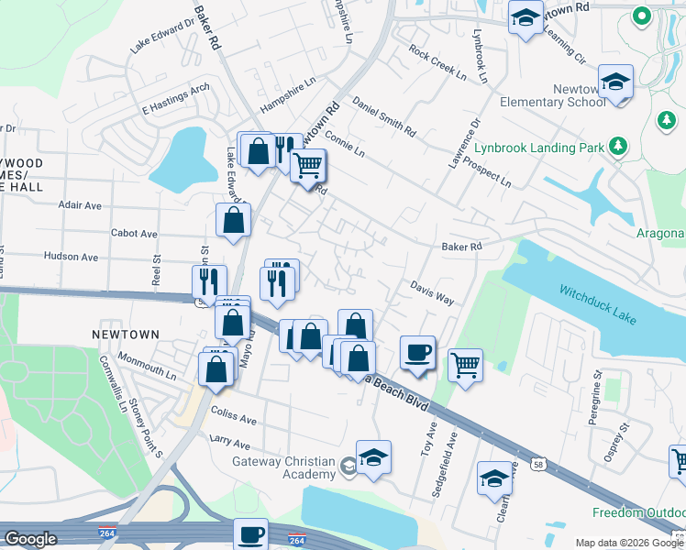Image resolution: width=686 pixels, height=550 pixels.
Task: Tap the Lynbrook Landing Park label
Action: pos(539,147)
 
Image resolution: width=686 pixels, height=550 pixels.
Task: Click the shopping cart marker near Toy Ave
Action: pos(465,365)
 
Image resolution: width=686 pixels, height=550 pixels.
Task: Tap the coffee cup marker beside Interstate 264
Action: pos(250,533)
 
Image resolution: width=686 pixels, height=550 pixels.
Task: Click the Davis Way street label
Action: pos(432,292)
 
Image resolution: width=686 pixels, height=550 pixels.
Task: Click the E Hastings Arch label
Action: pos(176,100)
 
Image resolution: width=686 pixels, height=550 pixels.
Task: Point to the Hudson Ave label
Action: pos(71,258)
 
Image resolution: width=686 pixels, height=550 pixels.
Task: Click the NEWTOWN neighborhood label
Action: pos(126,335)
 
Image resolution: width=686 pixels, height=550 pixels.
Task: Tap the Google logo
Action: pos(30,539)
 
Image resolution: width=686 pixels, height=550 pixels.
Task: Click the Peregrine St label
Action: pos(596,397)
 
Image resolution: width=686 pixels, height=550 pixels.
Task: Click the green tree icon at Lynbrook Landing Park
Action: pos(619,146)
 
